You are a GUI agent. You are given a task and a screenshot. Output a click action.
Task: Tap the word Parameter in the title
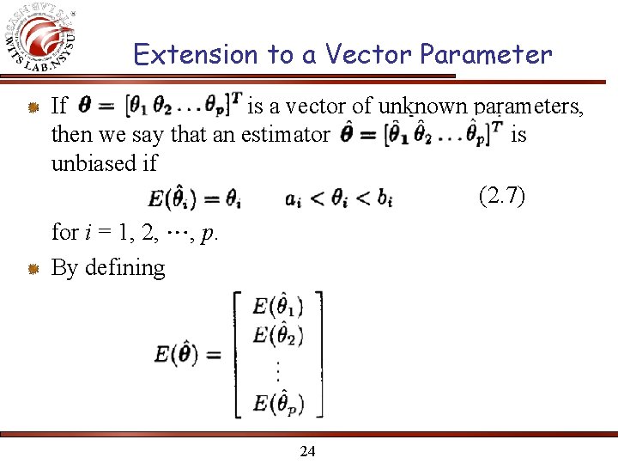(486, 55)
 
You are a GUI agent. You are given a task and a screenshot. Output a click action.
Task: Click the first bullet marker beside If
(32, 107)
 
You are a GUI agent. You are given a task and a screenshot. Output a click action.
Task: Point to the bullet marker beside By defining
(32, 269)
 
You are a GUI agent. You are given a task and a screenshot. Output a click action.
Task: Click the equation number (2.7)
(501, 197)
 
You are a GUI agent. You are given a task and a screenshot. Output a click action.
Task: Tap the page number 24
(307, 450)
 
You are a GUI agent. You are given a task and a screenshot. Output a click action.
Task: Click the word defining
(125, 268)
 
